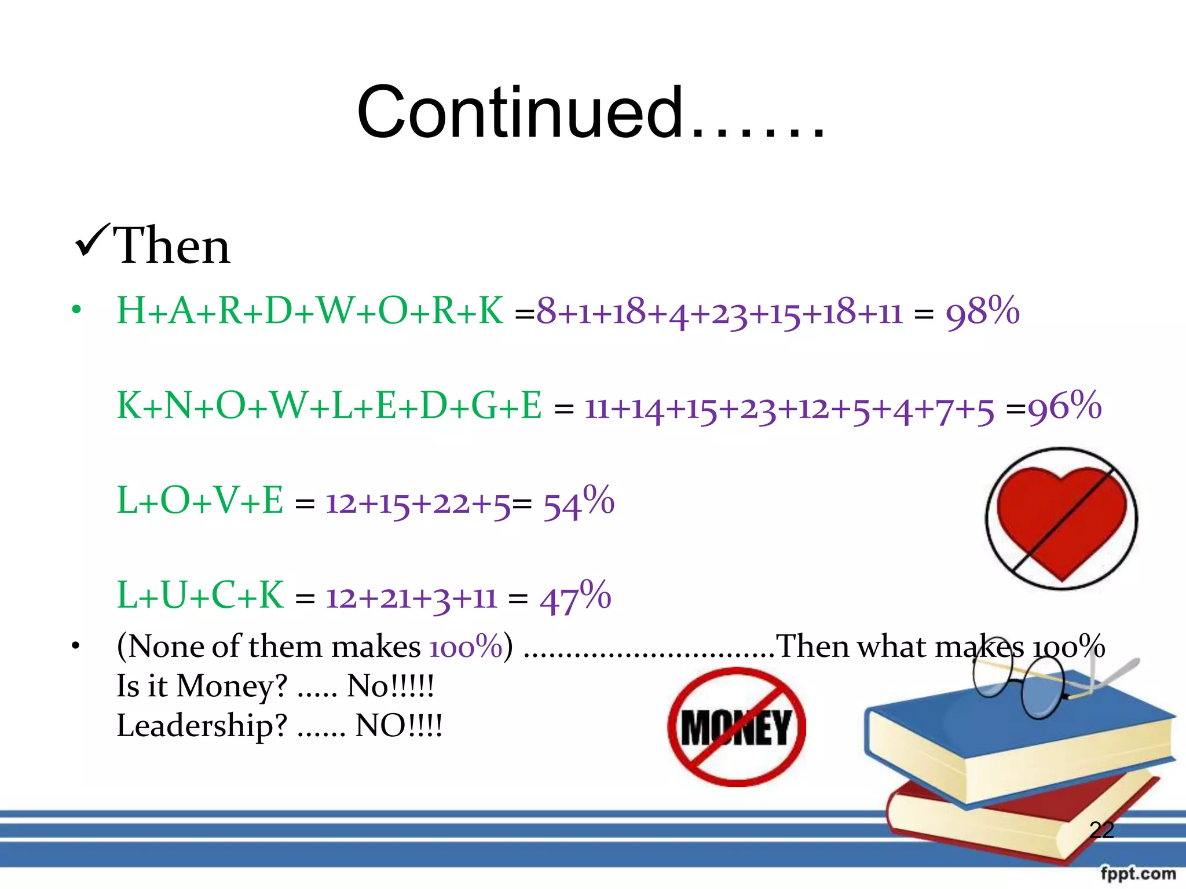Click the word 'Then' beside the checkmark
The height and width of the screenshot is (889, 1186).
click(172, 246)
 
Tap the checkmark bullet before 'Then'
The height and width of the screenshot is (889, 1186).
click(91, 242)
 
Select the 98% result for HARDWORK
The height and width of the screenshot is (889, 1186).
click(982, 311)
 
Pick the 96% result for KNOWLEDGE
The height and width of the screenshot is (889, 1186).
click(1064, 406)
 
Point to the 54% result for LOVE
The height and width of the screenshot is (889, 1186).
click(578, 502)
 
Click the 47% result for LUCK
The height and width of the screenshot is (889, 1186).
click(575, 597)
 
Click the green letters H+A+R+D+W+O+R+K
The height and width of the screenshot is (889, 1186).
click(310, 311)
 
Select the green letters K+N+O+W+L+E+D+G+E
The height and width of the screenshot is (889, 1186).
click(329, 406)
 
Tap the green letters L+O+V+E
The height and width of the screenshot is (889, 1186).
click(200, 501)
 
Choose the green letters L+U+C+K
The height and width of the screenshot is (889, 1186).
click(200, 596)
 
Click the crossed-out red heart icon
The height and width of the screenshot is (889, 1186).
click(1061, 519)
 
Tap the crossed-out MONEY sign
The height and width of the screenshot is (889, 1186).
click(737, 727)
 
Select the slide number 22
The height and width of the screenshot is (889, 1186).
click(1101, 830)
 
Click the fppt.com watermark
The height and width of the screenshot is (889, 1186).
click(1138, 873)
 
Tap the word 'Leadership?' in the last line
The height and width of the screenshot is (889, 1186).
click(202, 726)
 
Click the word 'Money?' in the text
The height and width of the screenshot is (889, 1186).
click(232, 686)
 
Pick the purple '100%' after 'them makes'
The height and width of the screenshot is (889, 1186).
click(466, 646)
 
